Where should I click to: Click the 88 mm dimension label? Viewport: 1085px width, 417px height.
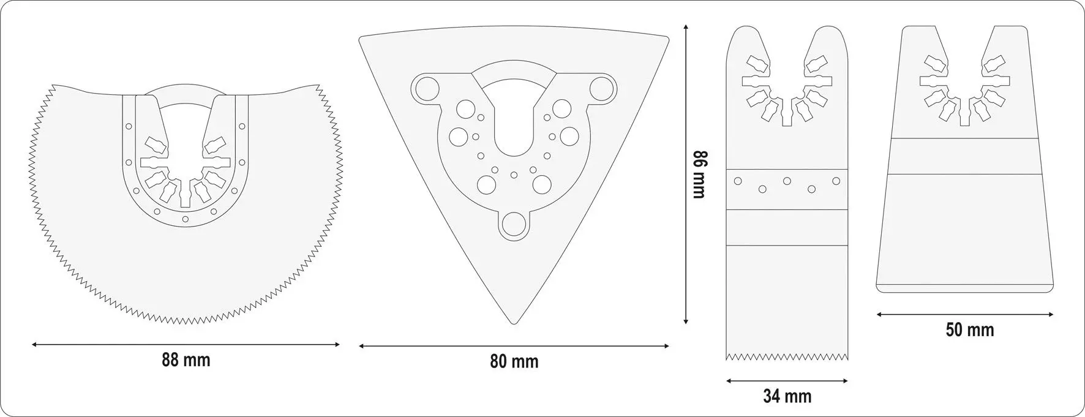click(186, 360)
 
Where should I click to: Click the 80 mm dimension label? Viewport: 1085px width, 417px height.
click(514, 361)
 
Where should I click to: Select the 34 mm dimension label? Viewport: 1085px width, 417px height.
click(787, 396)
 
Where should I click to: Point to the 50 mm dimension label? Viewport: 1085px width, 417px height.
click(970, 330)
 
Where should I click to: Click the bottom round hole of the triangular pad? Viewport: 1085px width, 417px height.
click(513, 224)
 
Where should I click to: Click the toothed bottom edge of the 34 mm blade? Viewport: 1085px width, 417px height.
click(787, 355)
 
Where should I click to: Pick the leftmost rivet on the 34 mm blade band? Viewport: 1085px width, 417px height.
click(738, 181)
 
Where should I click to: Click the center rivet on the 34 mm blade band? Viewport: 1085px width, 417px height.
click(787, 181)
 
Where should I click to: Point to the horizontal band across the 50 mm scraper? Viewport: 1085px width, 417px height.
click(966, 157)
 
